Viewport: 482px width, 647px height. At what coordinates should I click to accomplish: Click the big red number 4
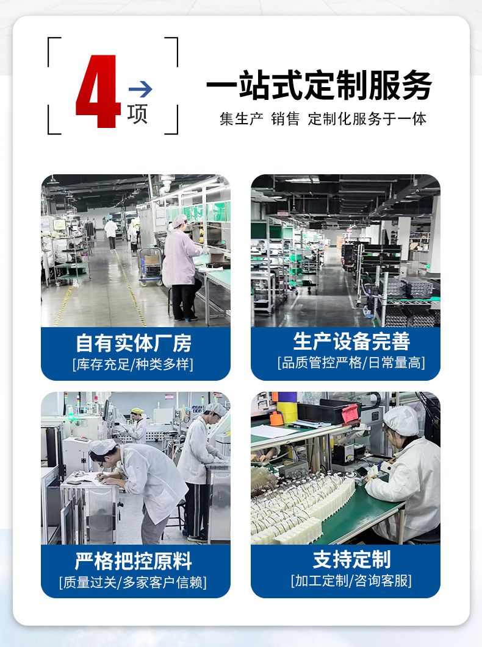[98, 91]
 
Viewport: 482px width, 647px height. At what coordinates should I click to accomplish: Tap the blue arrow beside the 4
[140, 89]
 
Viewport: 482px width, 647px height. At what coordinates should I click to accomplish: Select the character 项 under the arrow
[137, 114]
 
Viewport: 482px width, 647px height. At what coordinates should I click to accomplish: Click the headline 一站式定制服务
[319, 85]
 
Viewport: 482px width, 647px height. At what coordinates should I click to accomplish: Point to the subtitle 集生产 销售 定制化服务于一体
[323, 119]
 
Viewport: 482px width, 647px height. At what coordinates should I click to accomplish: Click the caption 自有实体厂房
[134, 343]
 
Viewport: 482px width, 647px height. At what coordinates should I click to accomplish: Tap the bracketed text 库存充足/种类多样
[133, 364]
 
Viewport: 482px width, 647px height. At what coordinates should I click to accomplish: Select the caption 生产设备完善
[351, 341]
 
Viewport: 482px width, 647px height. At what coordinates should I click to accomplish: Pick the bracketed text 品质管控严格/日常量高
[351, 362]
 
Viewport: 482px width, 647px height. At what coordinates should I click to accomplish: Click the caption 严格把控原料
[134, 560]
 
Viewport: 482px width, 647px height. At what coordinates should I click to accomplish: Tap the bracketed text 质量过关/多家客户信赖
[133, 582]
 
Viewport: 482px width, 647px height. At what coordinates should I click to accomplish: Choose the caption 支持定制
[351, 559]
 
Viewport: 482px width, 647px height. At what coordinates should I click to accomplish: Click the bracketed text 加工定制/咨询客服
[351, 581]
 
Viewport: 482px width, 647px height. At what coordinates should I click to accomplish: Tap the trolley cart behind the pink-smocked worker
[151, 267]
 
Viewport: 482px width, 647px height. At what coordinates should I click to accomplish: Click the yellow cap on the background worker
[137, 411]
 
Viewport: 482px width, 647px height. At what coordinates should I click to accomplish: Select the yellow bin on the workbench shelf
[287, 412]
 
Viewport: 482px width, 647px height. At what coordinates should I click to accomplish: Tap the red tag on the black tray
[351, 413]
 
